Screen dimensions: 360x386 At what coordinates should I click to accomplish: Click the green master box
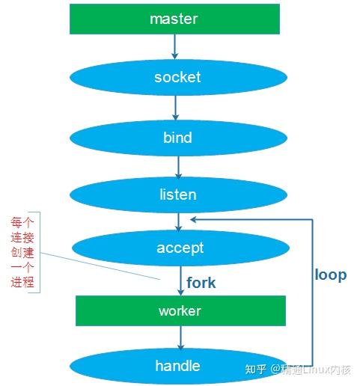point(174,19)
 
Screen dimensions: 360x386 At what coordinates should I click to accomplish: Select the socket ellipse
point(178,77)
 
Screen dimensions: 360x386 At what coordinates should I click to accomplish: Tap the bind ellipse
point(178,138)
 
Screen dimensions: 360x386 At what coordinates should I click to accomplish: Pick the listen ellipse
point(178,194)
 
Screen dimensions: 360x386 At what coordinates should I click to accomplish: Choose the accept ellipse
point(180,248)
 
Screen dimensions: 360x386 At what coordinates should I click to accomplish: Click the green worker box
point(180,310)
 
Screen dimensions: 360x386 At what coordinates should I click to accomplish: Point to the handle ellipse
point(178,366)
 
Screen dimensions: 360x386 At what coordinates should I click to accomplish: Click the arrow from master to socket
point(175,46)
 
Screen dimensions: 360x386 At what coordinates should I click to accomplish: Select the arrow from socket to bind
point(175,108)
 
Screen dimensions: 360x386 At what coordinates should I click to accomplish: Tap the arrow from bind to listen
point(178,168)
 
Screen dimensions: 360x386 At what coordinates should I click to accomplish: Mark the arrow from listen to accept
point(178,222)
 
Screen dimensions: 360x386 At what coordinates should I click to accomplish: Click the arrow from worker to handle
point(180,337)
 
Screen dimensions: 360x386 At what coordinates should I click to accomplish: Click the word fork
point(201,283)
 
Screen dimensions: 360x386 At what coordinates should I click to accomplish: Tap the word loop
point(331,275)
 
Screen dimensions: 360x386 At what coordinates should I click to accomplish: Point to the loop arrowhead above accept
point(193,219)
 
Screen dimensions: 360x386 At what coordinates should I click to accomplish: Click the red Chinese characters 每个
point(22,222)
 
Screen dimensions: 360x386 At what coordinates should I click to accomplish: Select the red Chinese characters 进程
point(22,282)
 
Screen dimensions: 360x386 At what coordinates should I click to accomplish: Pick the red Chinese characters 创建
point(22,252)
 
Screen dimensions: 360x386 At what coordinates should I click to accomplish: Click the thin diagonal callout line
point(100,266)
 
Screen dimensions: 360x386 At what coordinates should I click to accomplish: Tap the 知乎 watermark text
point(255,370)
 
